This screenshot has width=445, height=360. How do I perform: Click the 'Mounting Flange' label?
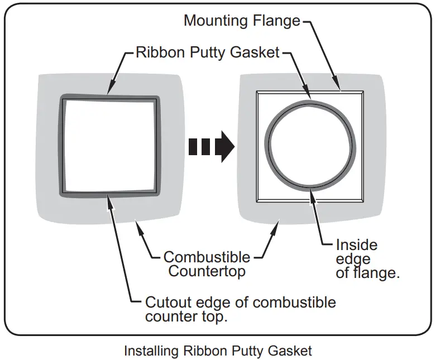tap(242, 21)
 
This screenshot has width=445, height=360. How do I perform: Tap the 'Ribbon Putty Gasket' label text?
tap(208, 52)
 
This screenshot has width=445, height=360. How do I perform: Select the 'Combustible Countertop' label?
tap(207, 264)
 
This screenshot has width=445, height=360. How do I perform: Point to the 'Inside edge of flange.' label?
tap(368, 259)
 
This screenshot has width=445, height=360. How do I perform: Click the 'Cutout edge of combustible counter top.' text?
tap(241, 309)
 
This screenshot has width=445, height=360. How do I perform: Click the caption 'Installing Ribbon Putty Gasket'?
tap(218, 351)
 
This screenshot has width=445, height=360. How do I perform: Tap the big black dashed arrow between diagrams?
tap(212, 147)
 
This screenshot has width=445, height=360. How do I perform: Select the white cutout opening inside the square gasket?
tap(110, 146)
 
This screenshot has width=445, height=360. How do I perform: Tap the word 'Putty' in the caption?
tap(248, 351)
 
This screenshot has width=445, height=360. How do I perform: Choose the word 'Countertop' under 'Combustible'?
tap(207, 271)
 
